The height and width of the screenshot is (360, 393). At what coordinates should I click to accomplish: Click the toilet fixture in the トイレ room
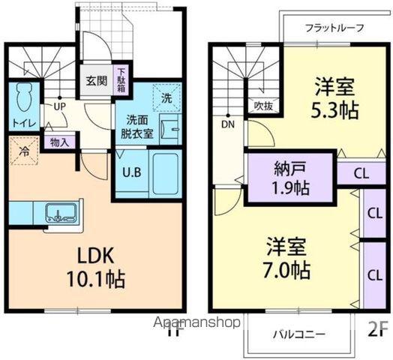(22, 98)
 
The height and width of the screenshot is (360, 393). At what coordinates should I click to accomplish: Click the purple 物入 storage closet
(58, 141)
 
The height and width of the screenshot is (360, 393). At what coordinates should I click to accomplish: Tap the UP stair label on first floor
(58, 106)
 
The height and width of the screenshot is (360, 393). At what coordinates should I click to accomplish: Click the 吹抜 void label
(262, 106)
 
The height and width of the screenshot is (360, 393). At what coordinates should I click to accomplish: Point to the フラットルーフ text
(334, 28)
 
